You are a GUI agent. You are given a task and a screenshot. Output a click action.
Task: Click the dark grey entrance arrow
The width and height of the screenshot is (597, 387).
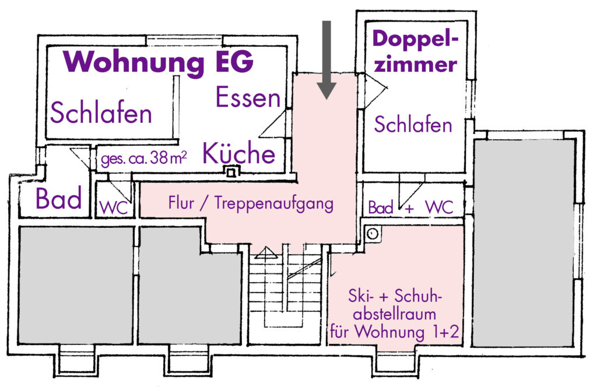[326, 58]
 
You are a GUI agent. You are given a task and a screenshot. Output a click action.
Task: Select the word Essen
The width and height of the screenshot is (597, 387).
[248, 98]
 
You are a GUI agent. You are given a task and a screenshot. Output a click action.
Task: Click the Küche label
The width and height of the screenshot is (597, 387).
[238, 154]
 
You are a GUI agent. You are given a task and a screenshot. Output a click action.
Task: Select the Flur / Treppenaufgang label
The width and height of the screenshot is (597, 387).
[251, 203]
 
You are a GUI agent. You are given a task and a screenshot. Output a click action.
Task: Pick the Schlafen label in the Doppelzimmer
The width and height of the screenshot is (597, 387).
[413, 125]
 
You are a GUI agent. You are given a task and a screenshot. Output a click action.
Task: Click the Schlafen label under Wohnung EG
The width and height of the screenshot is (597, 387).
[101, 113]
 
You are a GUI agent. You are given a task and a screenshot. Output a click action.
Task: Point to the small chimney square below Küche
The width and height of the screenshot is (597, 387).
[233, 173]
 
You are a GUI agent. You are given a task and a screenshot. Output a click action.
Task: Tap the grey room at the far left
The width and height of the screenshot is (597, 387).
[76, 286]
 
